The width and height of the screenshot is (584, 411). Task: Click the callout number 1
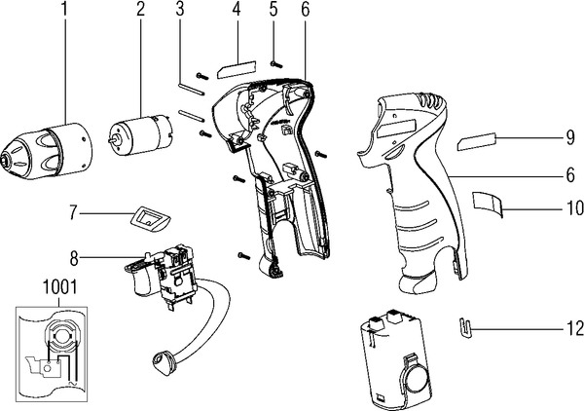(x=65, y=10)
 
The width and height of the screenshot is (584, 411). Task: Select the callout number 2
(x=140, y=10)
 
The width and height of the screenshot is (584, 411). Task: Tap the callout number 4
(x=236, y=10)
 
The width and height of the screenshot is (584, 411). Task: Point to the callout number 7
(x=73, y=213)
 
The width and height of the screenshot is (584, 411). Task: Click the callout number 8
(x=74, y=259)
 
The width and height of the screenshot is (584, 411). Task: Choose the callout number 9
(x=570, y=137)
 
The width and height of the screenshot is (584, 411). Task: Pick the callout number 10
(x=574, y=207)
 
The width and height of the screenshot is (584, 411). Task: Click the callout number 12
(x=574, y=328)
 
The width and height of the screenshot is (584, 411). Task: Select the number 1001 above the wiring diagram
(x=60, y=287)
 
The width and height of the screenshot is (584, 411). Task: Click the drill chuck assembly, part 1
(x=46, y=151)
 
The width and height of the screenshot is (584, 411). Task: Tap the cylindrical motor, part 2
(x=141, y=134)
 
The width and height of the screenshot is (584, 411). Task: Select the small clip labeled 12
(x=464, y=328)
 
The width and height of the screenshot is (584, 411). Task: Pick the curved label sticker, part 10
(x=488, y=203)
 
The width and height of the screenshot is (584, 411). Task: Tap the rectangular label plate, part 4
(x=237, y=69)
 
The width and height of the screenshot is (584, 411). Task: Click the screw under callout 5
(x=276, y=65)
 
